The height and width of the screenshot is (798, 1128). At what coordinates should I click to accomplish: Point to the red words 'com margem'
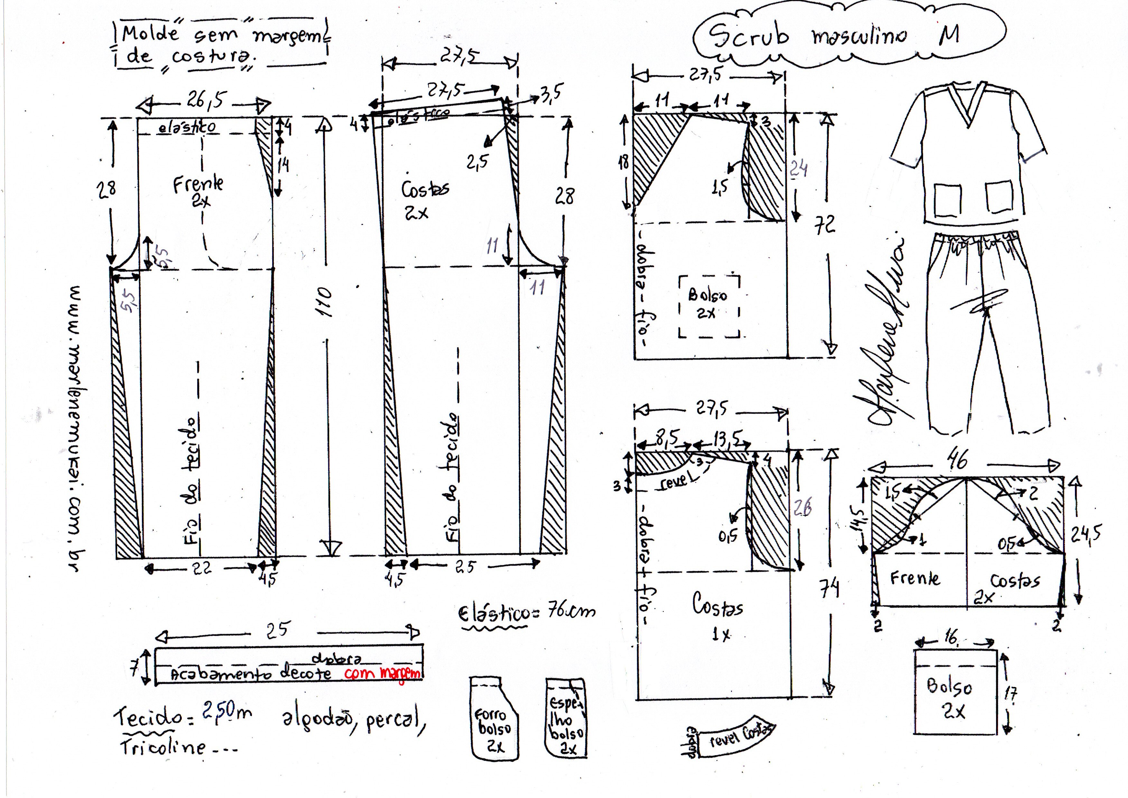(x=383, y=673)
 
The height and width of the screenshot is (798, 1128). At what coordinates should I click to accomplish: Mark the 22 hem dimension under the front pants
(x=201, y=569)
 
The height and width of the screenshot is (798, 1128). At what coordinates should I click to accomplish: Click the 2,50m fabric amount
(x=226, y=712)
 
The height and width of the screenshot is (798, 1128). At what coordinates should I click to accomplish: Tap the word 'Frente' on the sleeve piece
(x=915, y=578)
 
